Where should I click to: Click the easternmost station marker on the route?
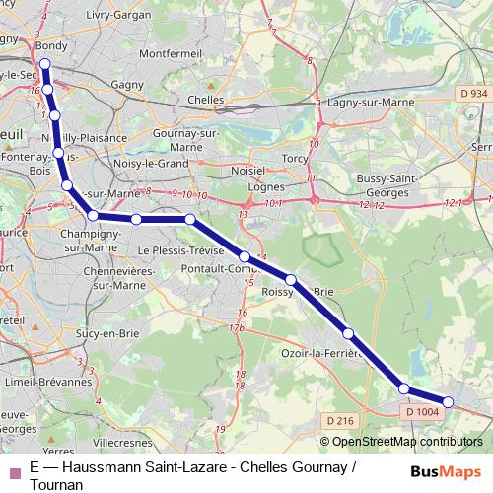coord(449,401)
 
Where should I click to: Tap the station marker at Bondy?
coord(43,67)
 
